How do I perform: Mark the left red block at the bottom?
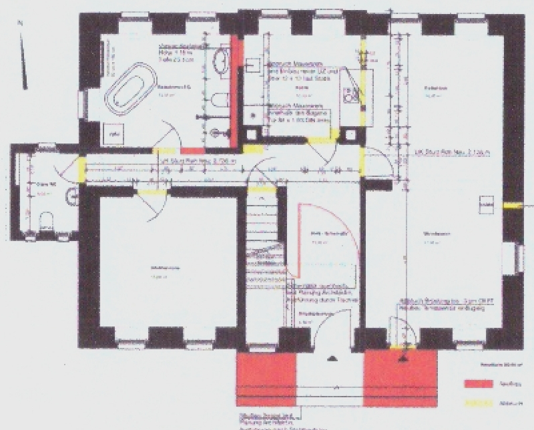(x=267, y=381)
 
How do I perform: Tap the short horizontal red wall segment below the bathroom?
(x=192, y=152)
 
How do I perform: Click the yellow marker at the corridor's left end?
(x=83, y=170)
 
